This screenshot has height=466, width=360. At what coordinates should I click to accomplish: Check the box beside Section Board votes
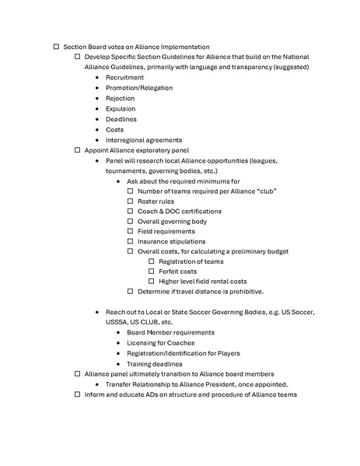(x=56, y=47)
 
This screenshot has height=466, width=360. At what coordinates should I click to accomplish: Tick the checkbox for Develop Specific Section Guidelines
(x=77, y=58)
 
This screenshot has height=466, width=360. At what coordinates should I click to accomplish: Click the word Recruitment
(x=124, y=78)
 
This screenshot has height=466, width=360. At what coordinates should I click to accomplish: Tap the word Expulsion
(x=121, y=109)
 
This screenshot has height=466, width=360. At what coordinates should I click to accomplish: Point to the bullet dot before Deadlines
(x=96, y=119)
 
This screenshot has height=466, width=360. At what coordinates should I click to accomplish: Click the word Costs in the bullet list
(x=115, y=129)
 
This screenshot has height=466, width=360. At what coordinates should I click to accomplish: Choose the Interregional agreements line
(x=144, y=140)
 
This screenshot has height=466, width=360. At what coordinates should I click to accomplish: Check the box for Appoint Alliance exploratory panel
(x=77, y=150)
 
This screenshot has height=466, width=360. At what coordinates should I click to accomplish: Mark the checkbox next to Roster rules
(x=130, y=201)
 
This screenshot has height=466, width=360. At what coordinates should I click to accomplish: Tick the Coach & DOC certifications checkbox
(x=130, y=211)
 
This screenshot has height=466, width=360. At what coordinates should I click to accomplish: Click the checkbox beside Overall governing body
(x=130, y=221)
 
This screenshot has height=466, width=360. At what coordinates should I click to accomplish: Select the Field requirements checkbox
(x=130, y=231)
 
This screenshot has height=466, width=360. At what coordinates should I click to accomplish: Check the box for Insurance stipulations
(x=130, y=241)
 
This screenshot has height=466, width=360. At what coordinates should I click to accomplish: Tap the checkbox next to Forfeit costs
(x=152, y=272)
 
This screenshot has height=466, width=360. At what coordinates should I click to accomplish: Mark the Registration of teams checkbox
(x=152, y=261)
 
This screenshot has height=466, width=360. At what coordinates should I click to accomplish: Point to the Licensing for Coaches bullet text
(x=160, y=342)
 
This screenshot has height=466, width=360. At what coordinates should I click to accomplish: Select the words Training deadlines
(x=155, y=363)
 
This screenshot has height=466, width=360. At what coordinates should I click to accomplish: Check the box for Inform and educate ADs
(x=77, y=394)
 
